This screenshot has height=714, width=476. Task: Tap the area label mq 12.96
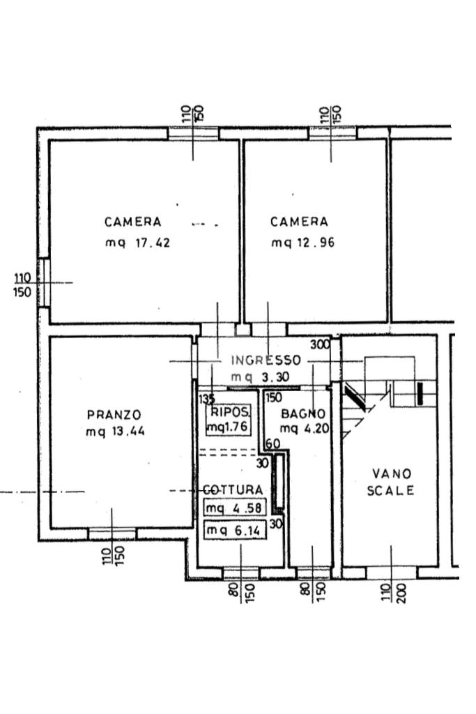click(x=299, y=243)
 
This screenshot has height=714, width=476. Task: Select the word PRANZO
click(x=114, y=415)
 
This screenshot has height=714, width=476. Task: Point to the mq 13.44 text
click(x=115, y=432)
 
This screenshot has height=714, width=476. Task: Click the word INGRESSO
click(x=266, y=360)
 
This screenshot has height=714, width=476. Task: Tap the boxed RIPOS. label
click(x=227, y=412)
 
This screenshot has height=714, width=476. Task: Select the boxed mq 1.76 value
click(x=227, y=427)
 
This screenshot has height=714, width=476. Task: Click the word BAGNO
click(x=303, y=413)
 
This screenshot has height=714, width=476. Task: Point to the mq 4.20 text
click(x=304, y=429)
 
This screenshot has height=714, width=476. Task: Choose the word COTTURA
click(x=233, y=490)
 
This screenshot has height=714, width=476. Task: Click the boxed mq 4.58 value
click(x=233, y=508)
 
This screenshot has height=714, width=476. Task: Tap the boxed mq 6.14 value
click(x=233, y=531)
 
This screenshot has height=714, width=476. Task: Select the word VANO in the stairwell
click(x=391, y=474)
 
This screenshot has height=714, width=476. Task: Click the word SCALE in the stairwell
click(x=391, y=491)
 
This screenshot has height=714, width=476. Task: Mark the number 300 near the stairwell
click(x=320, y=344)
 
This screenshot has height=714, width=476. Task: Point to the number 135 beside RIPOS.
click(x=206, y=400)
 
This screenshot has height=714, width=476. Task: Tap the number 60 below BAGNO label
click(x=272, y=444)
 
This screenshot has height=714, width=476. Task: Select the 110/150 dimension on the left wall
click(x=22, y=286)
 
